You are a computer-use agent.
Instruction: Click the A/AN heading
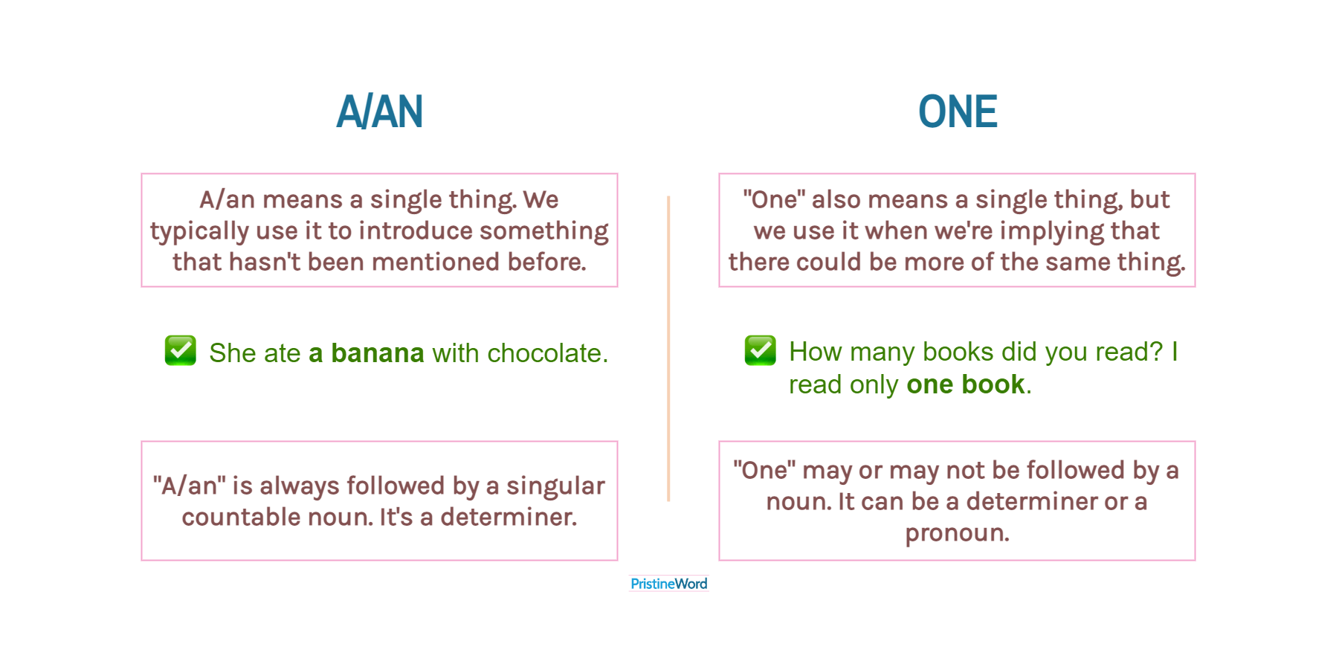click(x=379, y=112)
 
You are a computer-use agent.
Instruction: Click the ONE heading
click(x=958, y=112)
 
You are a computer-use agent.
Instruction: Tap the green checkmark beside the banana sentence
click(x=181, y=350)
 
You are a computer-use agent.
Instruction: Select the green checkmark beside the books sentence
click(x=761, y=350)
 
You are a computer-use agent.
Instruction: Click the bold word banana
click(x=378, y=353)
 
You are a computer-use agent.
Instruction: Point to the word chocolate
click(x=547, y=353)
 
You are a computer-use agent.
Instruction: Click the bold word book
click(x=993, y=384)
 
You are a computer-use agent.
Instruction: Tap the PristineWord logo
click(x=668, y=584)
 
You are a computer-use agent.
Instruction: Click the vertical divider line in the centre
click(x=668, y=348)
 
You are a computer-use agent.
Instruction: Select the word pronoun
click(x=957, y=533)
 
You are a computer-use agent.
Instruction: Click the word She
click(x=228, y=353)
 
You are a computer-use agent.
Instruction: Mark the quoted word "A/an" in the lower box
click(x=190, y=486)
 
